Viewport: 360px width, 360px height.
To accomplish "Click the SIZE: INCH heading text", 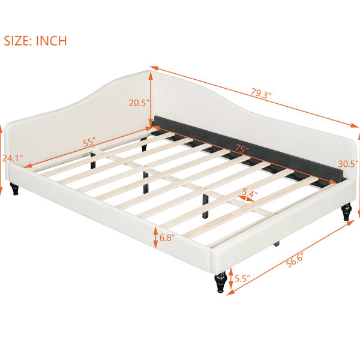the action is coord(35,41).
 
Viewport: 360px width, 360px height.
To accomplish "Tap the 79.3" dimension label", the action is coord(261,93).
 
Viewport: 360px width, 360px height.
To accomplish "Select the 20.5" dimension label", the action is coord(139,103).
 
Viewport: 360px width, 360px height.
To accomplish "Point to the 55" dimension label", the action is coord(89,142).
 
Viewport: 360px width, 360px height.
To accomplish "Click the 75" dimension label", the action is coord(242,149).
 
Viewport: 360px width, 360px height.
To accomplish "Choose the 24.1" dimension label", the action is coord(13,158).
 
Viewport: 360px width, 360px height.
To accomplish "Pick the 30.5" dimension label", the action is coord(348,164).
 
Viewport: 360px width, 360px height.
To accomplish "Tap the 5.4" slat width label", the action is coord(250,193).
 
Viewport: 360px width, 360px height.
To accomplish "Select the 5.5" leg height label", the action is coord(242,278).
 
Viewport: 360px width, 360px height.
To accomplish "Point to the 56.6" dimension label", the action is coord(295,260).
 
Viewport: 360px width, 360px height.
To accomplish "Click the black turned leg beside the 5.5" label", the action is coord(221,282).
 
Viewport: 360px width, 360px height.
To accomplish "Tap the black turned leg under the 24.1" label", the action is coord(14,189).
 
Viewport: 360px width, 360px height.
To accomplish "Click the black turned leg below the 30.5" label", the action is coord(346,212).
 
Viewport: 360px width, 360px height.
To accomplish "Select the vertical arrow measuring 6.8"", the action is coord(155,238).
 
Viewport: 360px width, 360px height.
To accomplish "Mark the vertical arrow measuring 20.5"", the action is coord(151,99).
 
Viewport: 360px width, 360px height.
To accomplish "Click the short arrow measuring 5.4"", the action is coord(246,199).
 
